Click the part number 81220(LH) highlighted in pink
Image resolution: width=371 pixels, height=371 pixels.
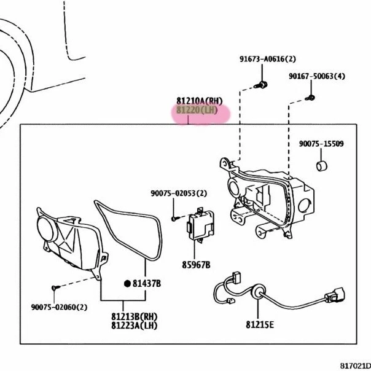pos(197,111)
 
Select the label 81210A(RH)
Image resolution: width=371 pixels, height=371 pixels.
pos(199,100)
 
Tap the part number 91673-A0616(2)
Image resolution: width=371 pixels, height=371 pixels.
pos(268,59)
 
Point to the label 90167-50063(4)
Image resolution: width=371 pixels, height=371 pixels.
pos(318,76)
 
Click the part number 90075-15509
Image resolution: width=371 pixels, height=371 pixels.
pos(321,144)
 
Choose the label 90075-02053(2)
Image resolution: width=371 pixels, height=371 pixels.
pos(179,193)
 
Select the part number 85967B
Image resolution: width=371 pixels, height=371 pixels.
pos(195,265)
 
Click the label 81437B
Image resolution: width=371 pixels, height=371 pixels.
pos(147,283)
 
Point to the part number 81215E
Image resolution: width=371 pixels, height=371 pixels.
pos(260,325)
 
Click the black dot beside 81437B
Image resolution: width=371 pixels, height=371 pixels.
pos(127,283)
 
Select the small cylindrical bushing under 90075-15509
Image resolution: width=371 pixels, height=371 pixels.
pos(320,166)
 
